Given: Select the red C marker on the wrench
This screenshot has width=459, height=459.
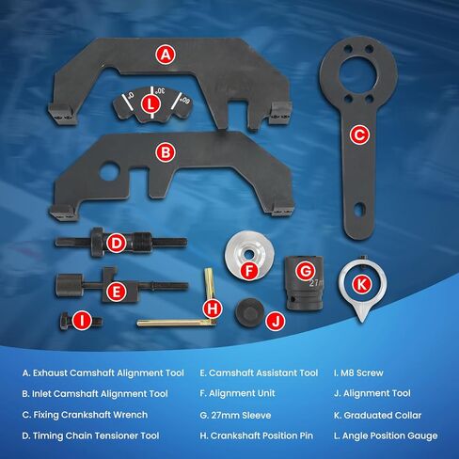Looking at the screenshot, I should [x=358, y=135].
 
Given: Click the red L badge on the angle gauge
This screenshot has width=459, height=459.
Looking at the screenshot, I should [x=151, y=106].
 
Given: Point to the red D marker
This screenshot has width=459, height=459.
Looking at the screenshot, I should [x=115, y=244].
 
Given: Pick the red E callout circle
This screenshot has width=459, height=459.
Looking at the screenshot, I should [x=115, y=292].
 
